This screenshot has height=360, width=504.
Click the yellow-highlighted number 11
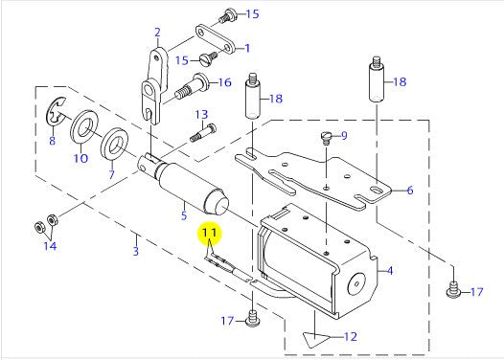(x=210, y=233)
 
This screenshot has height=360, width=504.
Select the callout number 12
(x=351, y=337)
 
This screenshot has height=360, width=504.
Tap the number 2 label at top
(x=157, y=33)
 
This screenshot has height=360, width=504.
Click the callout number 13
(x=202, y=114)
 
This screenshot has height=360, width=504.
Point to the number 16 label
(x=224, y=82)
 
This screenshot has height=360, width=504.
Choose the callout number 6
(x=410, y=191)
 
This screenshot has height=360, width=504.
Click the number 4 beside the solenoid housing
(x=390, y=271)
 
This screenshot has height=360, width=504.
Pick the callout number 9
(x=344, y=136)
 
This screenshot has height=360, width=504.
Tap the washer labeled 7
(x=114, y=145)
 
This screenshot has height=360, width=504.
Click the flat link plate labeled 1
(x=214, y=41)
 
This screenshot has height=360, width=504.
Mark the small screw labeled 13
(x=203, y=132)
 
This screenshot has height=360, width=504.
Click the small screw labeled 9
(x=326, y=138)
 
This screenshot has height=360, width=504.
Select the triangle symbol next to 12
(x=315, y=339)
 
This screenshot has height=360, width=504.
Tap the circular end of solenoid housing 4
(x=356, y=284)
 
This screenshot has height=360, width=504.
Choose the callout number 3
(x=136, y=251)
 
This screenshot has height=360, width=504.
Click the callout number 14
(x=50, y=246)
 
